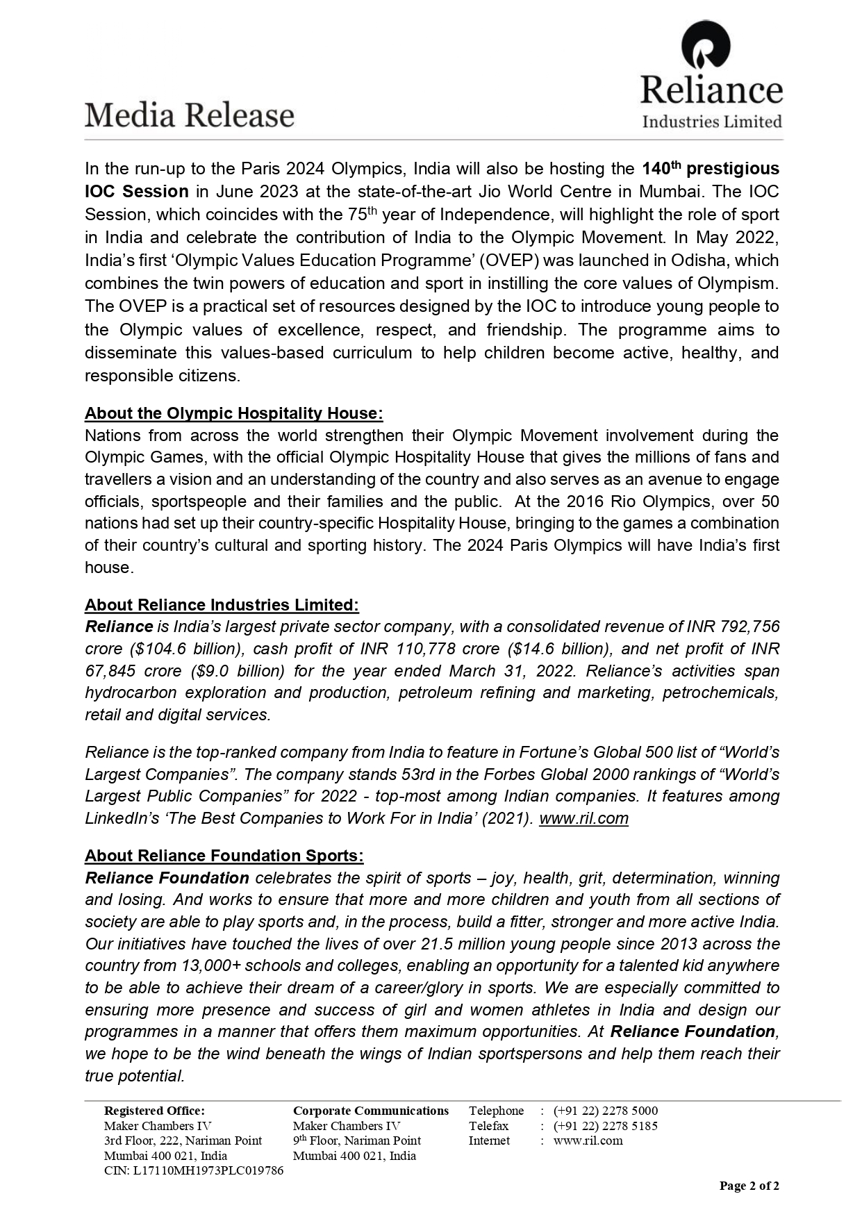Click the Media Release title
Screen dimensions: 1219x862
pyautogui.click(x=190, y=115)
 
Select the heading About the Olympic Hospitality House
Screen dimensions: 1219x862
pyautogui.click(x=233, y=413)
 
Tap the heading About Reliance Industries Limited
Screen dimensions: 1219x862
pyautogui.click(x=222, y=605)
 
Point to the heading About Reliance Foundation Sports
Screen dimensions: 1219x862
pyautogui.click(x=224, y=856)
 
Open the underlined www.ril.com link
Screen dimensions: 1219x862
pyautogui.click(x=583, y=818)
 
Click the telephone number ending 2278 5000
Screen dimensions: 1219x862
pyautogui.click(x=605, y=1111)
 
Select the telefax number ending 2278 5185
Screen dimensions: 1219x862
pyautogui.click(x=605, y=1126)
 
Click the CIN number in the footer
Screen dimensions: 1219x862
pyautogui.click(x=193, y=1170)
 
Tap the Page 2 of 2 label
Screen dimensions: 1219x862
pyautogui.click(x=749, y=1186)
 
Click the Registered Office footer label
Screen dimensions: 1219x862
pyautogui.click(x=154, y=1111)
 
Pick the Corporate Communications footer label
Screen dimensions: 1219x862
pyautogui.click(x=371, y=1111)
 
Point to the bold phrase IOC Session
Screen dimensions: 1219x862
pyautogui.click(x=136, y=192)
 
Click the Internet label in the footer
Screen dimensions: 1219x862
pyautogui.click(x=489, y=1141)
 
